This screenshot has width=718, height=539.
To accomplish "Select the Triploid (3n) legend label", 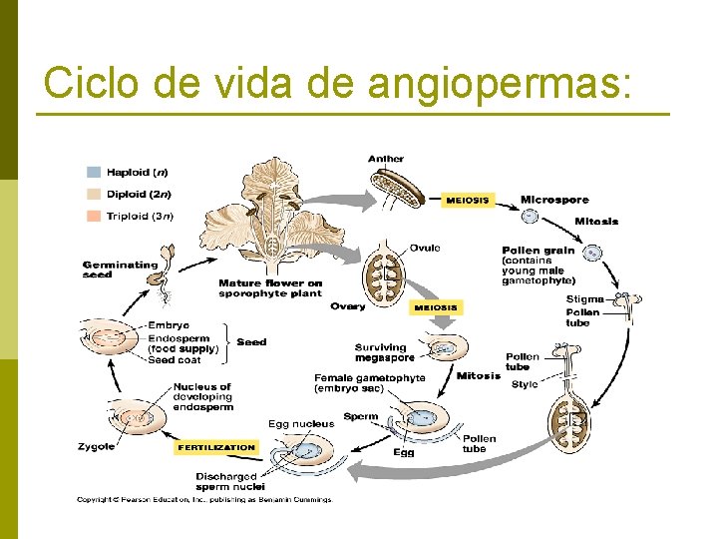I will [x=140, y=216].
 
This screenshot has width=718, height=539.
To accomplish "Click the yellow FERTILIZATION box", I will [x=216, y=447].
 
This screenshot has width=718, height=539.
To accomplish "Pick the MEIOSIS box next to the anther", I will [x=467, y=200].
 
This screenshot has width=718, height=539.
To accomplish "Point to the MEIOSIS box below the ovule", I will [x=436, y=307].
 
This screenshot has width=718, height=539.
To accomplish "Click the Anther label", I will [x=386, y=159].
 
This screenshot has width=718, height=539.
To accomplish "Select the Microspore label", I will [x=553, y=200].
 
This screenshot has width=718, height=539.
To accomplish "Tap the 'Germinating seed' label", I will [x=120, y=269].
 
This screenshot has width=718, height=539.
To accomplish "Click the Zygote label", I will [x=96, y=447].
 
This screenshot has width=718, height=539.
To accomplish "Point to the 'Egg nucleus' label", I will [x=301, y=424].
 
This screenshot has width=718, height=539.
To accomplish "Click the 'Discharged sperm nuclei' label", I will [x=225, y=482].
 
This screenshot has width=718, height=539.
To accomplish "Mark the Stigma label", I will [x=585, y=299].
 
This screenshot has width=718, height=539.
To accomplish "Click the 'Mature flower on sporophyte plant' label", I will [x=270, y=288].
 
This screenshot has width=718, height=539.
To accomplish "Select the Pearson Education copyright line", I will [x=203, y=500].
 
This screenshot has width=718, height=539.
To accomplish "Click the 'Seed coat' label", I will [x=176, y=360].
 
